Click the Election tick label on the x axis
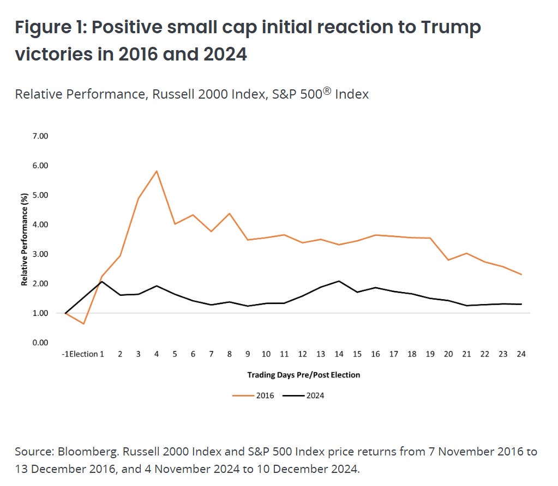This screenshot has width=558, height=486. point(84,354)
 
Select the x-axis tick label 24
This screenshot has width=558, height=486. point(521,354)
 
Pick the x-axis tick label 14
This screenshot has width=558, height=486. point(339,354)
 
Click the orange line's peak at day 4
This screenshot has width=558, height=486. point(157,171)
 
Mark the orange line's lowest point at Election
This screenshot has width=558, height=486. point(83,324)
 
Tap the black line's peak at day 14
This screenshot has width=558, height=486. point(339,281)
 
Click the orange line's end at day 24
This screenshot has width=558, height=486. point(521,275)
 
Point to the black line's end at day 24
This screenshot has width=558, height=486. point(521,304)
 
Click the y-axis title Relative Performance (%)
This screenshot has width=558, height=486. point(25,239)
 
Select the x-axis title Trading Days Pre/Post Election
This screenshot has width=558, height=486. point(303,375)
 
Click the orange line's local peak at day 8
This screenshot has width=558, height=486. point(230,213)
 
